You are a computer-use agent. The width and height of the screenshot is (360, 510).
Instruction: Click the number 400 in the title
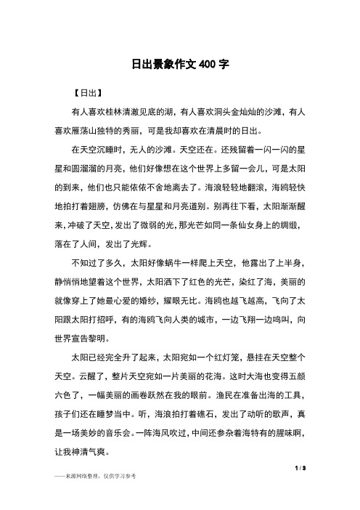205,64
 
